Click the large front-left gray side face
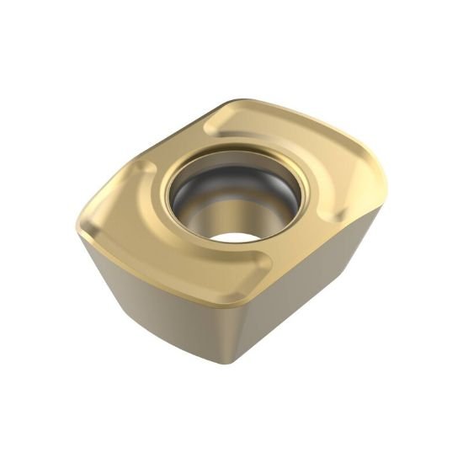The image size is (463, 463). (160, 303)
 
